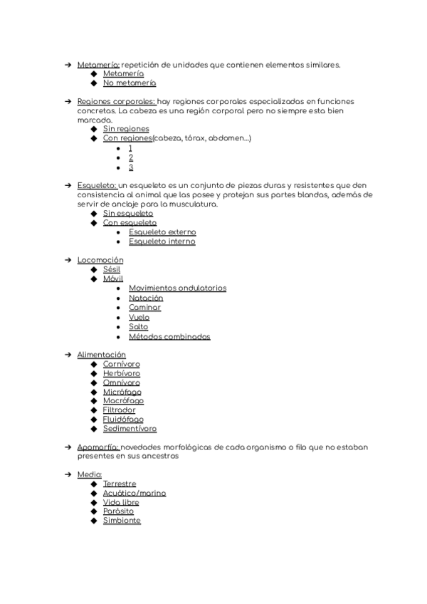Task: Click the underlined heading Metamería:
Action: coord(98,65)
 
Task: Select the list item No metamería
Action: coord(130,83)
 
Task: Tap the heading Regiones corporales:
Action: coord(116,102)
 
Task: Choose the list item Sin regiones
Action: coord(126,130)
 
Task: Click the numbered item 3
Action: coord(131,167)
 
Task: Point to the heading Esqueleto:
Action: coord(97,185)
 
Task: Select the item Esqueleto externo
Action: coord(162,232)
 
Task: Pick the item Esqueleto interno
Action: coord(162,241)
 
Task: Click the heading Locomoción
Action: coord(100,260)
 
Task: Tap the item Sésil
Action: coord(112,269)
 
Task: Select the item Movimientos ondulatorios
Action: coord(177,288)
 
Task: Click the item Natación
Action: coord(146,298)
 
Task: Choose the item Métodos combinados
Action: coord(169,336)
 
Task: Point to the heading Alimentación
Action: coord(101,355)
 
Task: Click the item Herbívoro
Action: coord(121,373)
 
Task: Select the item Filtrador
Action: coord(119,410)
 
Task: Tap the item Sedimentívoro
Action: coord(130,429)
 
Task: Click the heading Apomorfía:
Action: coord(98,447)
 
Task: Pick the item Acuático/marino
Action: coord(135,493)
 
